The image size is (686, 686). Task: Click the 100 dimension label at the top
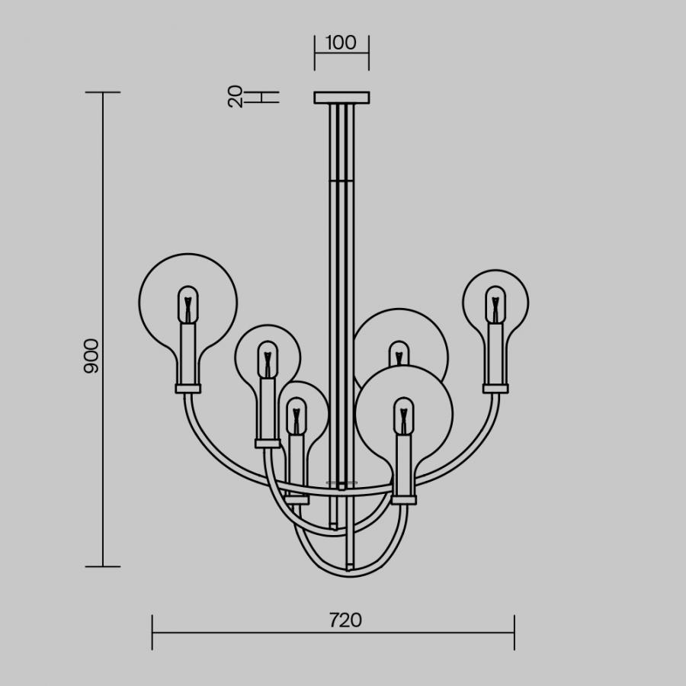click(341, 43)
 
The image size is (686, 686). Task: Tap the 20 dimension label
click(236, 96)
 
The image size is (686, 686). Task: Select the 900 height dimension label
click(91, 356)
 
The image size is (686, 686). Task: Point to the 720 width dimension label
click(345, 620)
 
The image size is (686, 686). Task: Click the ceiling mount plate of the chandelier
click(341, 98)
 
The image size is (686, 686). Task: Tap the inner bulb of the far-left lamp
click(188, 305)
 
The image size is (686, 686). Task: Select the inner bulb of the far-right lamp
click(495, 305)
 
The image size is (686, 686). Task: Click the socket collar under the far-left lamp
click(188, 389)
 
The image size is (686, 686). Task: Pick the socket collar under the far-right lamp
click(495, 389)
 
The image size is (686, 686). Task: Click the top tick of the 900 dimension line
click(103, 92)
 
